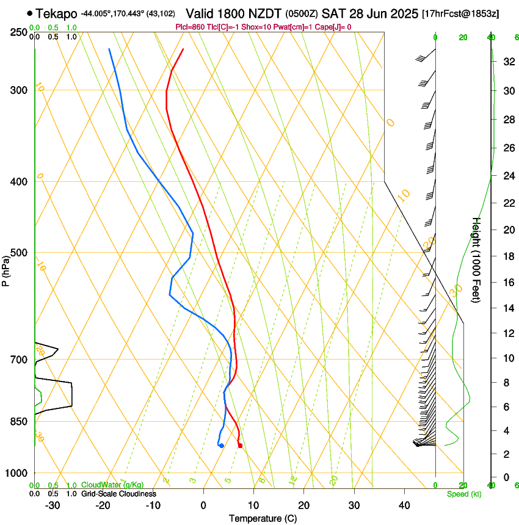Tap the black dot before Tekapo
point(29,13)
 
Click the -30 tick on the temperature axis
point(53,505)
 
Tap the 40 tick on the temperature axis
point(404,505)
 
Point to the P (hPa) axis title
point(6,269)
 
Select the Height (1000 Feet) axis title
point(477,259)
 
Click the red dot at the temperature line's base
point(240,446)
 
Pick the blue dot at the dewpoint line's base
point(221,446)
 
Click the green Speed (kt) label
point(463,494)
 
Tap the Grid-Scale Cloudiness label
point(118,494)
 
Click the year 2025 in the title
point(400,13)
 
